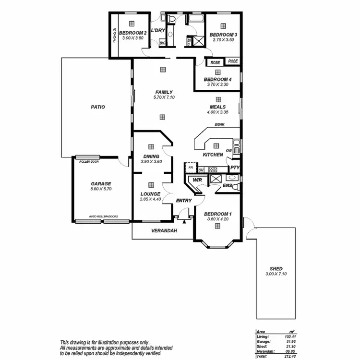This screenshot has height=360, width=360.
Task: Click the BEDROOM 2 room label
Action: coord(132,33)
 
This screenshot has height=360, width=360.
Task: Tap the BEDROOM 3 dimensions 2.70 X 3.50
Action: coord(222,40)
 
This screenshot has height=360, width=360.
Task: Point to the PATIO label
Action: coord(98,107)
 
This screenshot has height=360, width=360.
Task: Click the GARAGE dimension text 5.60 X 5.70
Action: coord(101,190)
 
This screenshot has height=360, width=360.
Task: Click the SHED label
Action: coord(276,268)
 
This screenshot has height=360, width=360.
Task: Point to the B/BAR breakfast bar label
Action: coord(220,125)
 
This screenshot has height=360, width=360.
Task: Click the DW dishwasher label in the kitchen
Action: coord(229,151)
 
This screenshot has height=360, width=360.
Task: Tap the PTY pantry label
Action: coord(234,168)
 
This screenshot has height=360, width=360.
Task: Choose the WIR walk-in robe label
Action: coord(197,180)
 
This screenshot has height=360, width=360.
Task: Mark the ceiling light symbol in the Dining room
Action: coord(151,147)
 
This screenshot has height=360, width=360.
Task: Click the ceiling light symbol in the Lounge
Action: coord(151,185)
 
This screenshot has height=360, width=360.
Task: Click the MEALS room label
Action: coord(217,107)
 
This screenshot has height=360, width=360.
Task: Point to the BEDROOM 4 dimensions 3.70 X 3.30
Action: coord(217,84)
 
